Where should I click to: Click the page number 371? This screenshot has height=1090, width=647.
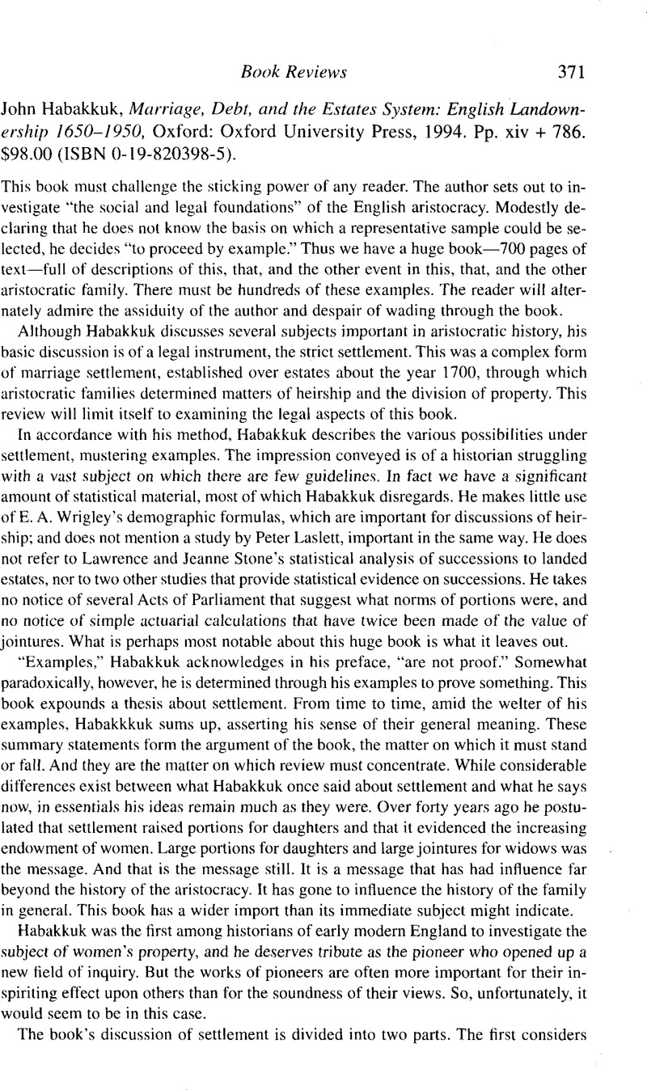pos(565,73)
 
